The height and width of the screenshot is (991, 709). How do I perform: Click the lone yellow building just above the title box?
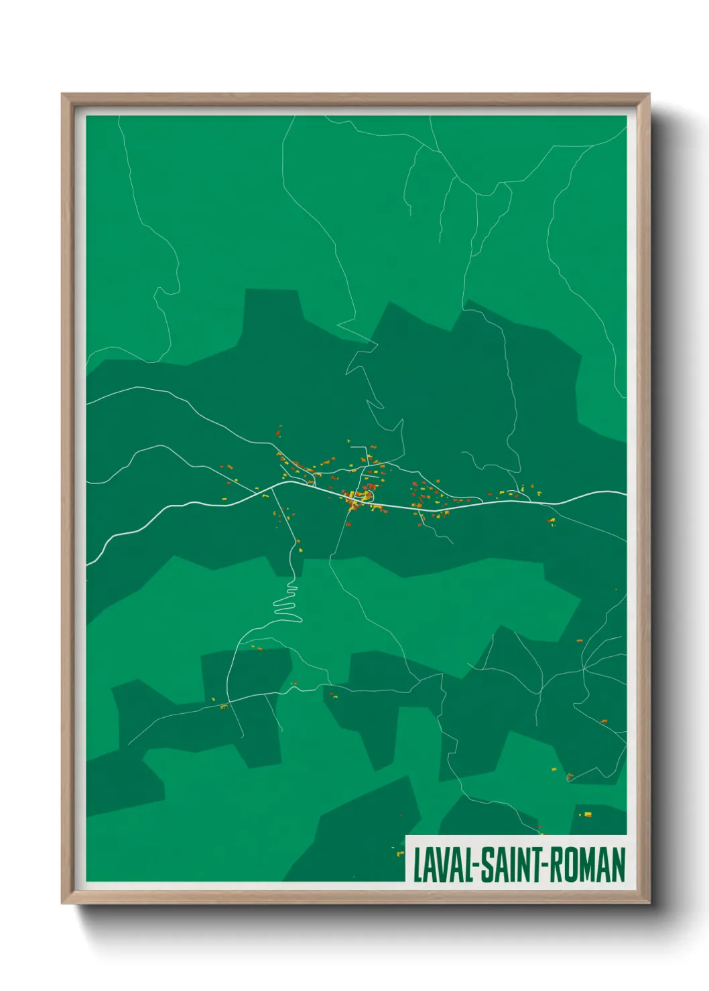[588, 815]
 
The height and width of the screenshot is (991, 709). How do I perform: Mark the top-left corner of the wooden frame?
[63, 95]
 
